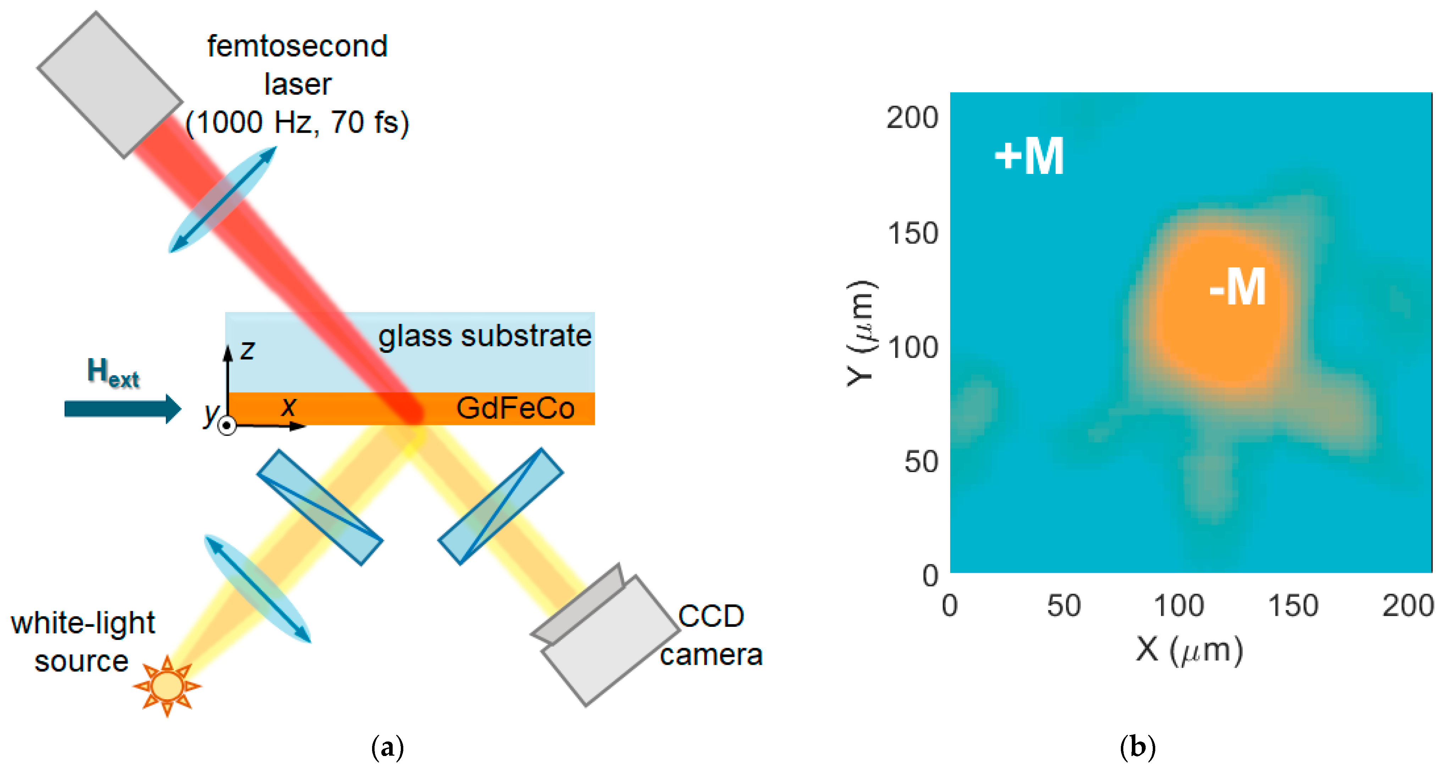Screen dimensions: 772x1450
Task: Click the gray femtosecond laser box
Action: point(110,84)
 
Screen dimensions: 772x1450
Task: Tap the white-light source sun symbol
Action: point(167,686)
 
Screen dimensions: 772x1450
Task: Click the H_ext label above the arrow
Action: point(112,373)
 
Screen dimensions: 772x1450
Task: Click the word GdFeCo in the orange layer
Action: point(515,408)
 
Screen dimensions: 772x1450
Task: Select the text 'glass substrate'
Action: point(485,336)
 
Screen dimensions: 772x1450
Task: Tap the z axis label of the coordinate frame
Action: point(247,350)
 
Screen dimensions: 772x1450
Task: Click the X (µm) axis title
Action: point(1189,650)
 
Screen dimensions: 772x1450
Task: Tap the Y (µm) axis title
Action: point(861,333)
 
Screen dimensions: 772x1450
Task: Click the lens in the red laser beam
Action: point(223,199)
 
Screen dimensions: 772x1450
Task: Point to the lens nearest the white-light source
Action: point(257,588)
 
